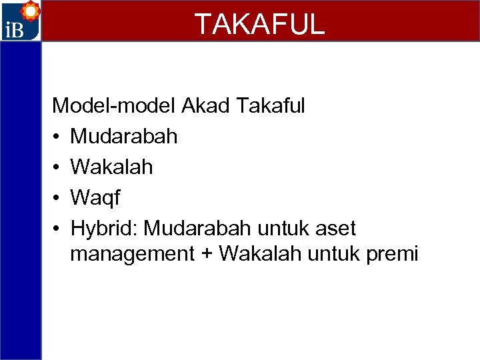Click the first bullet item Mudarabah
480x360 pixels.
pyautogui.click(x=124, y=136)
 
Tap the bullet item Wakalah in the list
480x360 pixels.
pyautogui.click(x=111, y=167)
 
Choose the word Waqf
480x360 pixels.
pyautogui.click(x=95, y=198)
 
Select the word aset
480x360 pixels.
pyautogui.click(x=335, y=229)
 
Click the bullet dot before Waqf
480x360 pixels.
pyautogui.click(x=59, y=198)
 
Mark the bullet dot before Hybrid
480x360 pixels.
pyautogui.click(x=59, y=229)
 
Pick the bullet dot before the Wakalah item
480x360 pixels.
pyautogui.click(x=59, y=167)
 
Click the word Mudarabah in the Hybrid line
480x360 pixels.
pyautogui.click(x=197, y=229)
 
